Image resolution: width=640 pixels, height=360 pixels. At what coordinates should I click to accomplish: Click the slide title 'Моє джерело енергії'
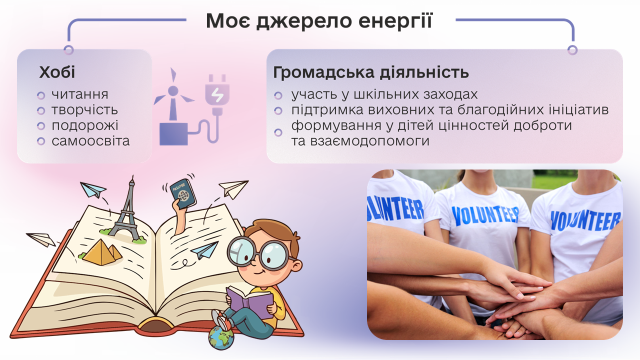tap(319, 20)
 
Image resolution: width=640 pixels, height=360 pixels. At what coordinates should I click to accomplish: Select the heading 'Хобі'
tap(57, 72)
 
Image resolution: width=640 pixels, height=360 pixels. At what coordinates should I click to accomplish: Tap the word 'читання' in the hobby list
tap(80, 94)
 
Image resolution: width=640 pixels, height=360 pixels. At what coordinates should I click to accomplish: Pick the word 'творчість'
tap(84, 110)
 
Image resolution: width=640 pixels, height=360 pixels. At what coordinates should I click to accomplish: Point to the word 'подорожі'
tap(85, 125)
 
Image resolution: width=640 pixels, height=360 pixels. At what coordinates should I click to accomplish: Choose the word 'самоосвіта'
tap(90, 141)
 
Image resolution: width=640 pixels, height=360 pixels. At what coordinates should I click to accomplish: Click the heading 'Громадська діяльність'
tap(371, 72)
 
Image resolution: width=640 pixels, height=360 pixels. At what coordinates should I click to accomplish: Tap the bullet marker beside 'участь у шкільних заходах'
tap(278, 95)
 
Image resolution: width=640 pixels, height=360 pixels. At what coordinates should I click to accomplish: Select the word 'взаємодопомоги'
tap(370, 141)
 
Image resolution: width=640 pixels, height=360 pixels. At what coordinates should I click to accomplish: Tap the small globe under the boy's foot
tap(221, 338)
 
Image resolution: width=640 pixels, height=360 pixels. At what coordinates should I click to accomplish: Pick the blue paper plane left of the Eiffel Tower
tap(93, 189)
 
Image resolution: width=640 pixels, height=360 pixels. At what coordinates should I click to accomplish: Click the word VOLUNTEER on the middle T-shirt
tap(485, 215)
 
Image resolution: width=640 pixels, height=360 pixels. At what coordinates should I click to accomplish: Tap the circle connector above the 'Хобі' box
tap(68, 50)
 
